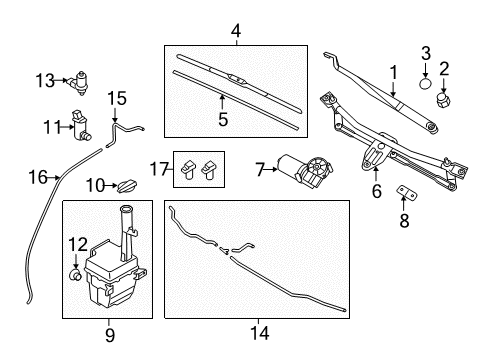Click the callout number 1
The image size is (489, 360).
coord(394,72)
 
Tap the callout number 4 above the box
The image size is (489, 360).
coord(236,31)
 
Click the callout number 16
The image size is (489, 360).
coord(37,177)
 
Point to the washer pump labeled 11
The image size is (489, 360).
coord(80,124)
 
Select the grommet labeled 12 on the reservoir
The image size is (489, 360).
coord(74,270)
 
